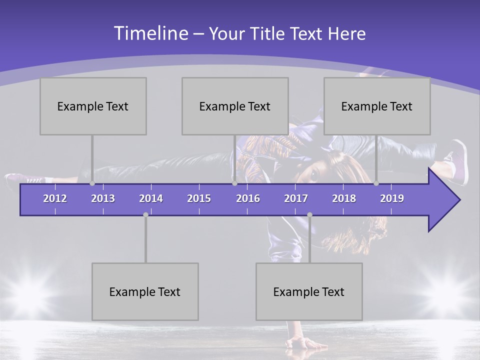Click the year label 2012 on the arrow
(55, 198)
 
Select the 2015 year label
(199, 198)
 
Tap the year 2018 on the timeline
(344, 198)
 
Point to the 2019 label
(392, 198)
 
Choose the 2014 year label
(151, 198)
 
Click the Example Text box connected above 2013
(93, 106)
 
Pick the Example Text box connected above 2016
(235, 106)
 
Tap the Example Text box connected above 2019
(377, 106)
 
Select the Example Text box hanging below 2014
(145, 291)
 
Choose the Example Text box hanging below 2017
(309, 291)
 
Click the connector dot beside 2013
(92, 183)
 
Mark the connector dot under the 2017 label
(309, 215)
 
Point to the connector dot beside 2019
(376, 183)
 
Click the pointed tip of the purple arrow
(458, 200)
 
